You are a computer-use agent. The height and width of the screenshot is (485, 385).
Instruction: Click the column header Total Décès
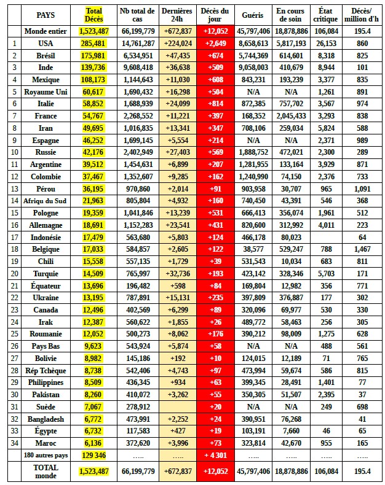coord(94,15)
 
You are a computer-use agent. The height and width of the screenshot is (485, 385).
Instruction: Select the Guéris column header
coord(254,15)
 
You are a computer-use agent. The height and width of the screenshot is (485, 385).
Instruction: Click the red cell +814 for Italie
coord(215,104)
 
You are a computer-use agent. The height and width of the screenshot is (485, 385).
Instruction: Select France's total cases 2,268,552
coord(138,115)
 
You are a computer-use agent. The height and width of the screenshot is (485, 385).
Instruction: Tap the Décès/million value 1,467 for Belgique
coord(362,249)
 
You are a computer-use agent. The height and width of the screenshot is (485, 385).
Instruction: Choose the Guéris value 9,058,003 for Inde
coord(254,67)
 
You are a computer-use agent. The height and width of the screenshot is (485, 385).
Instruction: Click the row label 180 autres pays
coord(46,455)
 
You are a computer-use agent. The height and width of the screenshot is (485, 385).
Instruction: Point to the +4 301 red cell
coord(215,455)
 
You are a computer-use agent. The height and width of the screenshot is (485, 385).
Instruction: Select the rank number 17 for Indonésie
coord(13,237)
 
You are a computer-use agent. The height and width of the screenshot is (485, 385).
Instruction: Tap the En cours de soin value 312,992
coord(291,225)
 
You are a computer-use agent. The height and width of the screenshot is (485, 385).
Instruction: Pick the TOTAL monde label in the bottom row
coord(46,471)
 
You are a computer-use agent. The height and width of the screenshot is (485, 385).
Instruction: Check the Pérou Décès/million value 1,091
coord(362,188)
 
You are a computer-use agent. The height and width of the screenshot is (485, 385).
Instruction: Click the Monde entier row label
coord(46,31)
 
